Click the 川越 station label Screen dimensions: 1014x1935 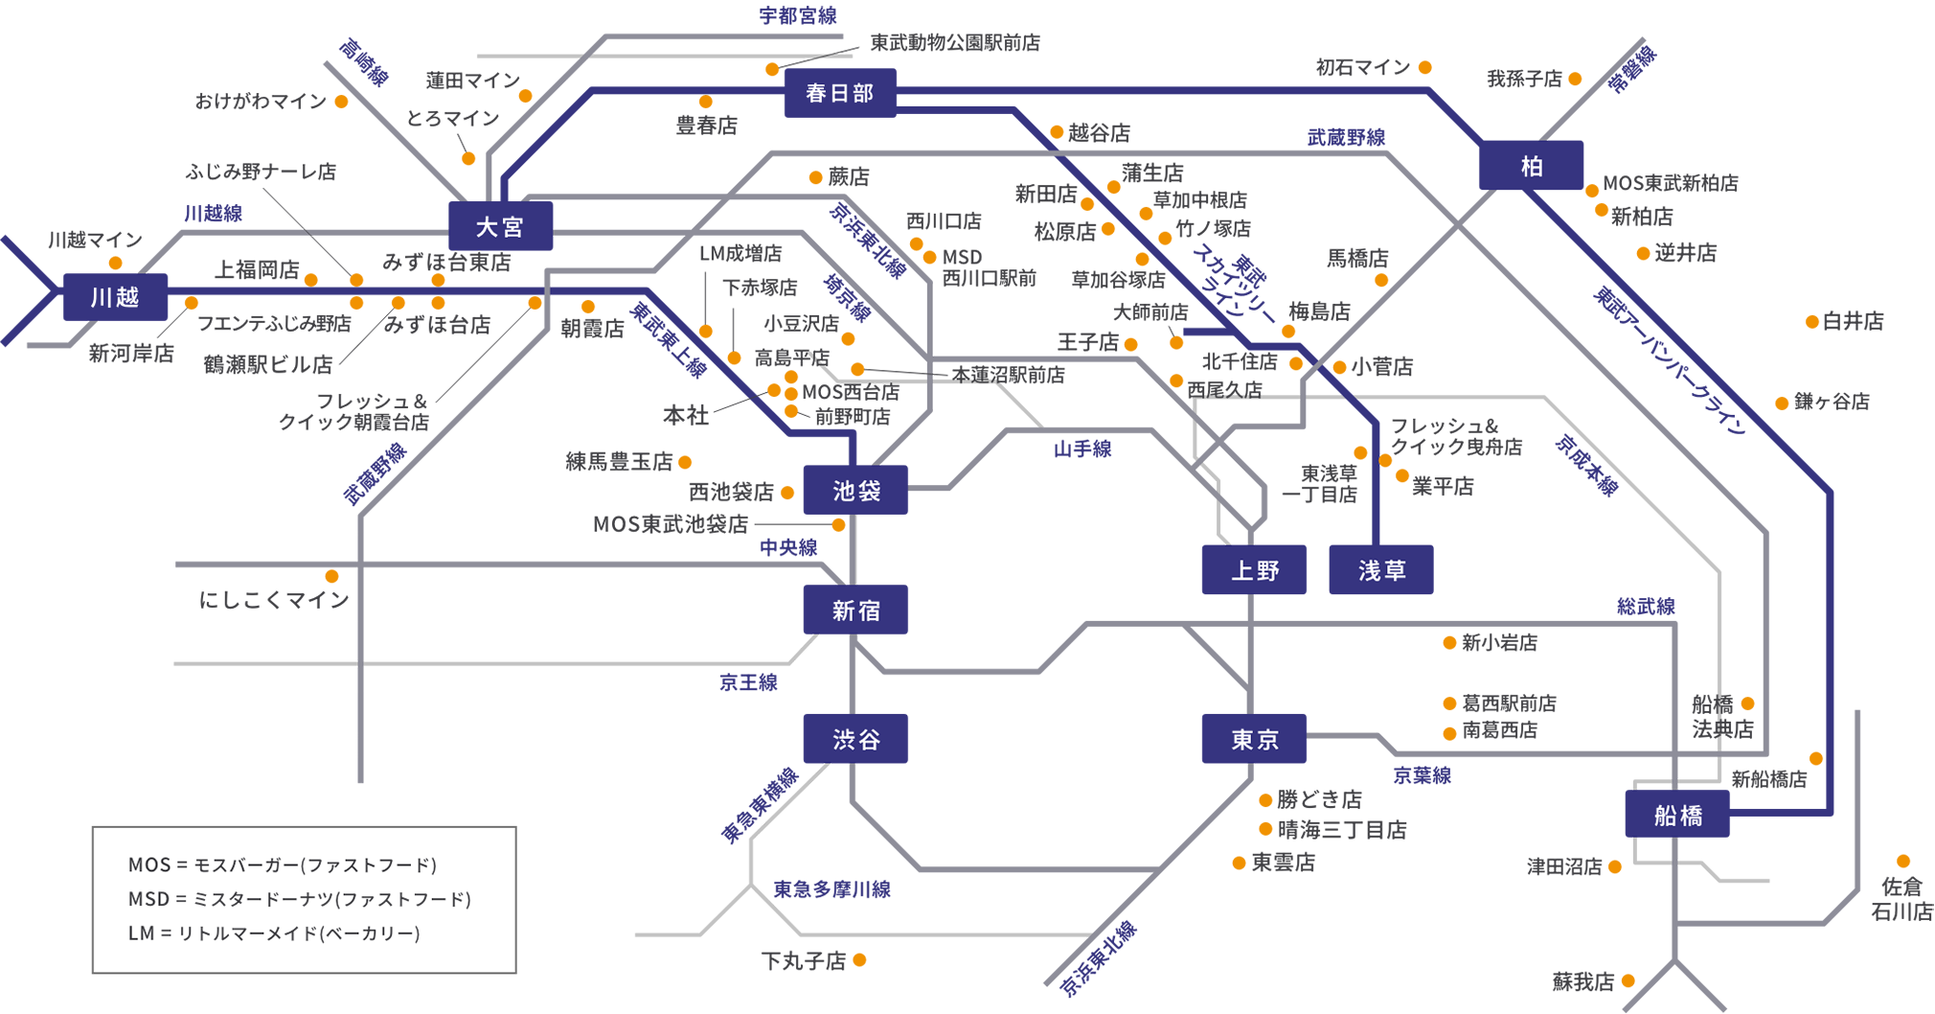pyautogui.click(x=115, y=298)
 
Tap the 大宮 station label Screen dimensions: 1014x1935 pyautogui.click(x=499, y=228)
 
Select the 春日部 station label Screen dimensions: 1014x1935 pyautogui.click(x=839, y=94)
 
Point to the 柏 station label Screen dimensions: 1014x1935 pyautogui.click(x=1532, y=168)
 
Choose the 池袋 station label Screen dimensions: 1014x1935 pyautogui.click(x=856, y=492)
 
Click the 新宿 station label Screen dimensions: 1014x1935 pyautogui.click(x=855, y=611)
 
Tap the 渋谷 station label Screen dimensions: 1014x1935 pyautogui.click(x=856, y=740)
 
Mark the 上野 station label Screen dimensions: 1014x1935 pyautogui.click(x=1255, y=571)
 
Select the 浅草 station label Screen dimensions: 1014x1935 pyautogui.click(x=1381, y=571)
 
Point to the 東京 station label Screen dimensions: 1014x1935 pyautogui.click(x=1255, y=740)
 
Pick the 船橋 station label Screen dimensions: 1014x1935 pyautogui.click(x=1678, y=817)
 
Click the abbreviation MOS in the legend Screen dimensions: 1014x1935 pyautogui.click(x=148, y=865)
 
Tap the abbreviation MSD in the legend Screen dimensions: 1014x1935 pyautogui.click(x=148, y=899)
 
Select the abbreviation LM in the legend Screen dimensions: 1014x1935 pyautogui.click(x=142, y=933)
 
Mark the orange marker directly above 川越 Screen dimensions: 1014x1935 pyautogui.click(x=116, y=260)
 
